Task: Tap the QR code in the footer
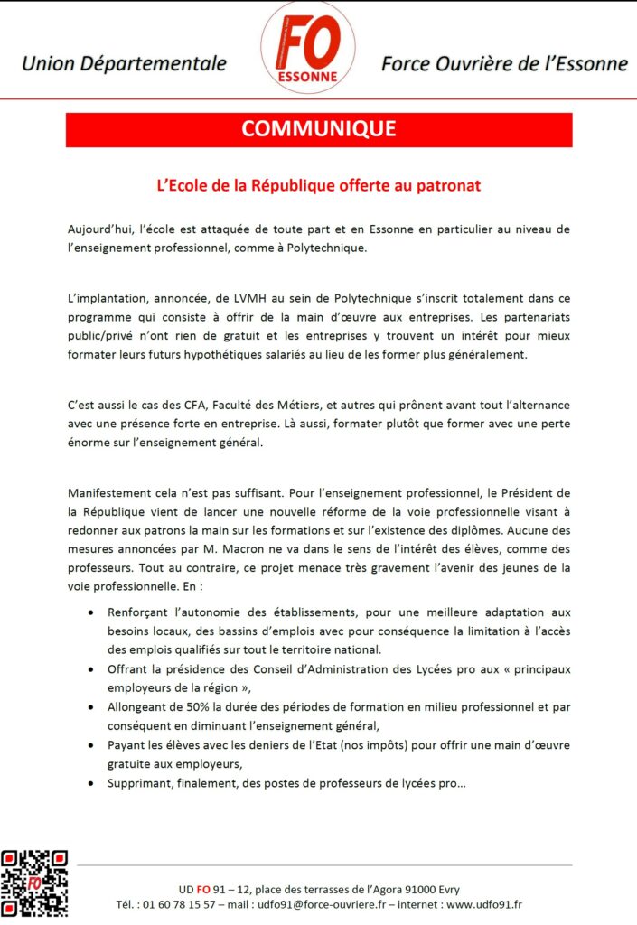click(33, 883)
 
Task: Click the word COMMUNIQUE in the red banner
click(318, 129)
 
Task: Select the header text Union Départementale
click(124, 63)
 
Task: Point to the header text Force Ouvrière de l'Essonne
click(504, 63)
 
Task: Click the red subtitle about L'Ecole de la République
click(318, 185)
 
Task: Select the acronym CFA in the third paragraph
click(173, 405)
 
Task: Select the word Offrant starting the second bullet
click(130, 668)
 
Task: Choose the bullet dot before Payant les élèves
click(90, 745)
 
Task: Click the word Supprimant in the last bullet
click(142, 783)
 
